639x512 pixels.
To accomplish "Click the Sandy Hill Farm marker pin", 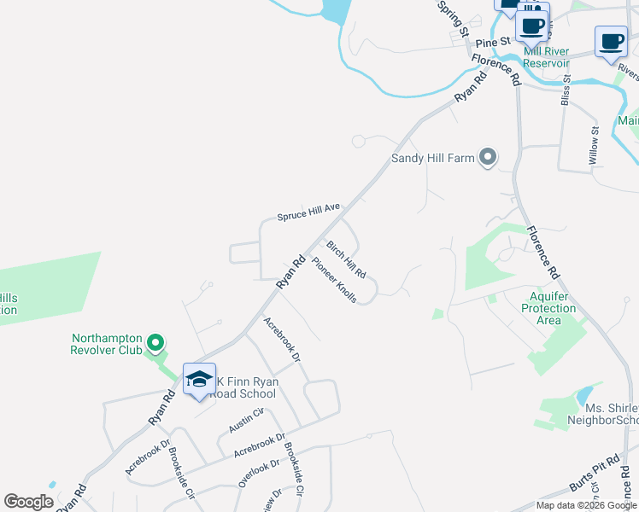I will pos(488,156).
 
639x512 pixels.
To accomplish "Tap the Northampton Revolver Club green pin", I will pos(155,343).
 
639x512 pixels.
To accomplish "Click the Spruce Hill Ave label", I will pos(308,212).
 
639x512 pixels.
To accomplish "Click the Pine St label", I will pos(493,41).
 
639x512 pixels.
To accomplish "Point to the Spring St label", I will pos(454,18).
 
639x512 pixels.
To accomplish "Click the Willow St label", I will pos(595,144).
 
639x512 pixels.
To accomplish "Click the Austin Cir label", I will pos(248,419).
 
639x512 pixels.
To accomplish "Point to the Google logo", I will pos(28,502).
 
